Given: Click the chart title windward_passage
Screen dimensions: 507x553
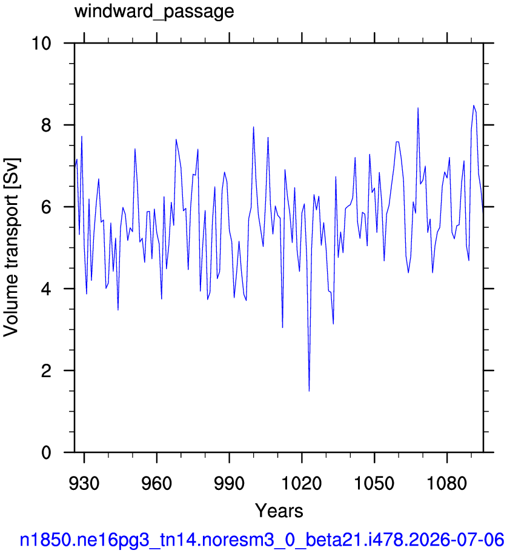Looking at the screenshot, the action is click(x=154, y=12).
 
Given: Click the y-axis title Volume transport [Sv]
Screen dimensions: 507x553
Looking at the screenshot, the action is click(x=11, y=247).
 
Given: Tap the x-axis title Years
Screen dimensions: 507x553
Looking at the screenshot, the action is click(x=279, y=511).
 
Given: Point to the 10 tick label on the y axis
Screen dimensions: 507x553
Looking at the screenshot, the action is click(x=41, y=44).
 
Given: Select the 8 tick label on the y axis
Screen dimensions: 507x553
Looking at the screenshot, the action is click(x=46, y=125).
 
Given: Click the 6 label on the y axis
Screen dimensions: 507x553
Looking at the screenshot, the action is click(x=46, y=207).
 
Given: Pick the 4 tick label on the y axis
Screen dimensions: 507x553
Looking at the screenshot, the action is click(x=46, y=289).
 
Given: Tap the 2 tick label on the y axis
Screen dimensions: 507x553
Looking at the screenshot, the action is click(x=46, y=370).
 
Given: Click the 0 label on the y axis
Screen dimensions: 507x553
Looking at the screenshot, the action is click(x=46, y=452).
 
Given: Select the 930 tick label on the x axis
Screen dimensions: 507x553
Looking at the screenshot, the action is click(x=84, y=483).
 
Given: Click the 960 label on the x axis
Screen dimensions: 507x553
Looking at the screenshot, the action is click(x=157, y=483).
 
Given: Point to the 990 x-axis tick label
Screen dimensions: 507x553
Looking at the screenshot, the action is click(x=230, y=483).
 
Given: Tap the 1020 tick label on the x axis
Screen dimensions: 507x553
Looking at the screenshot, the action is click(x=302, y=483).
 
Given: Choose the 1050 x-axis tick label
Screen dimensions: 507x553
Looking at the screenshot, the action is click(x=374, y=483).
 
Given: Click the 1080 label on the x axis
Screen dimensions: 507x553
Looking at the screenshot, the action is click(x=447, y=483).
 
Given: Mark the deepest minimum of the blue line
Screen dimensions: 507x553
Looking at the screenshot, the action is click(x=309, y=391).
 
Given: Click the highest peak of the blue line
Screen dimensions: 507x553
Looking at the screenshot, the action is click(x=474, y=105).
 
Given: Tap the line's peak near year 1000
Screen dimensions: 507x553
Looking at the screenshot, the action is click(x=253, y=127).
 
